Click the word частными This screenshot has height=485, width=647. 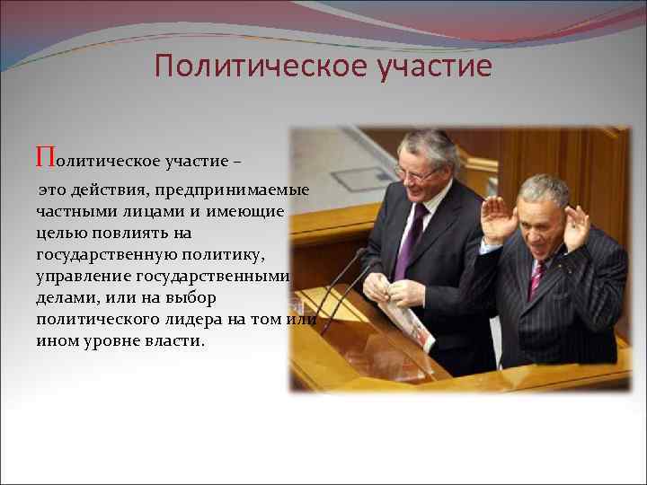pos(72,211)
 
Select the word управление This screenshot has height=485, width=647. pos(84,276)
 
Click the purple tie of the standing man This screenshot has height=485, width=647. pos(411,239)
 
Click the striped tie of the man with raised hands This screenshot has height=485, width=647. pos(536,279)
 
